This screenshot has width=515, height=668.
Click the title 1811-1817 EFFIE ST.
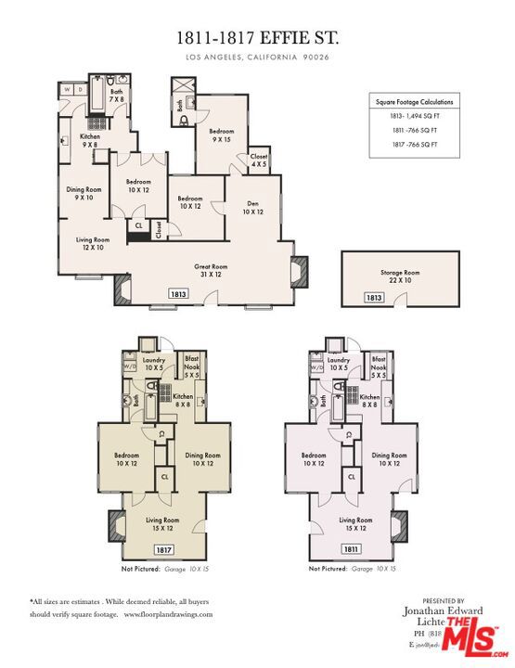257,38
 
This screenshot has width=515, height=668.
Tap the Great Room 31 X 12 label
212,270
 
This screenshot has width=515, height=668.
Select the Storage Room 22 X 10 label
400,276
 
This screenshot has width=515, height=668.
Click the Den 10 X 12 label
253,208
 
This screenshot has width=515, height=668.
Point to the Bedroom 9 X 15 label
221,135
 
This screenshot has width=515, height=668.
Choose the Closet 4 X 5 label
259,161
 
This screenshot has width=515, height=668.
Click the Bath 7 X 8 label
116,96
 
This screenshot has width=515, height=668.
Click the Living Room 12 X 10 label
92,243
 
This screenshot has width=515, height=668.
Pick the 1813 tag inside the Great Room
178,293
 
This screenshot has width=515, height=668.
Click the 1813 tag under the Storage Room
373,298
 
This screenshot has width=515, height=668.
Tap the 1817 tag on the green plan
163,549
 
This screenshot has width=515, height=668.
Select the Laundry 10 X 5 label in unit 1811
339,363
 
